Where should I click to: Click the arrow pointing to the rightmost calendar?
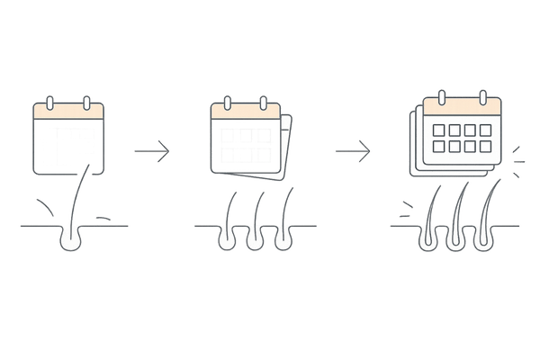[x=354, y=151]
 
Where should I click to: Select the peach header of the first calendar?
[x=68, y=113]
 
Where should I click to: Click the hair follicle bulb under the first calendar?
[x=69, y=238]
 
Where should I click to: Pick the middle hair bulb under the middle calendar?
[x=254, y=239]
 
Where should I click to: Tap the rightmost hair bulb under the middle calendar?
[x=285, y=239]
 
